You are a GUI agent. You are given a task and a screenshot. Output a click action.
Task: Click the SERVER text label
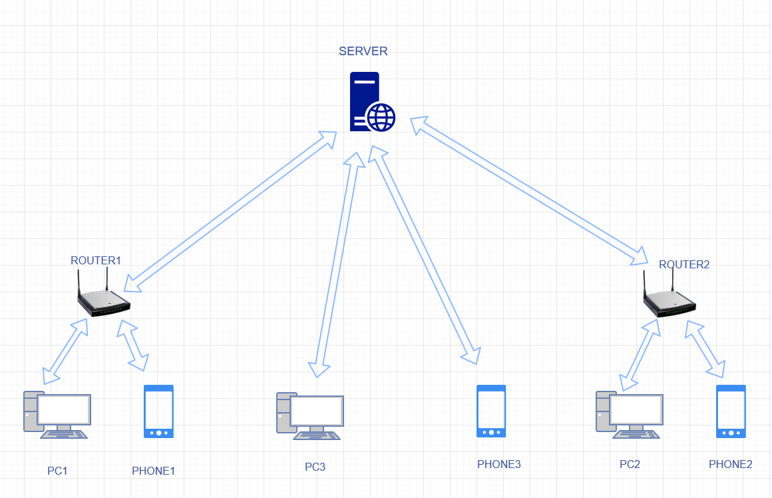(x=363, y=51)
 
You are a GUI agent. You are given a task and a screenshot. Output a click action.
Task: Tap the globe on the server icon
(x=381, y=117)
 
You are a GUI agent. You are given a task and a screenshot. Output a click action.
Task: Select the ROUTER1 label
(x=96, y=260)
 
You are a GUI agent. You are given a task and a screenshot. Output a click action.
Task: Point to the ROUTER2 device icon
(x=670, y=294)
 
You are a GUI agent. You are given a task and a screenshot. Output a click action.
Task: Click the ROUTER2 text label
(x=684, y=264)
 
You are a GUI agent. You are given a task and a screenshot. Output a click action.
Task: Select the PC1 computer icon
(x=57, y=415)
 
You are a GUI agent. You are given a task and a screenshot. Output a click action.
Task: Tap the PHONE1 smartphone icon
(x=158, y=411)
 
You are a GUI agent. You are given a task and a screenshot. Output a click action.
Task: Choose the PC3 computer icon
(x=310, y=416)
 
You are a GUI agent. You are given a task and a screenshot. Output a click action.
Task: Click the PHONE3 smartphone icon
(x=491, y=411)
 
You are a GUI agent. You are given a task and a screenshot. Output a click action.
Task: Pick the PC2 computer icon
(x=630, y=415)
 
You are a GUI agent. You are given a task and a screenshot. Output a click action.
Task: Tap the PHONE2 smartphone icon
(x=731, y=411)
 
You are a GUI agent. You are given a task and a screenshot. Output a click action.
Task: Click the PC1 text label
(x=57, y=471)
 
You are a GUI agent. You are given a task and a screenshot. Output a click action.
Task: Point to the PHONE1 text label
(x=153, y=471)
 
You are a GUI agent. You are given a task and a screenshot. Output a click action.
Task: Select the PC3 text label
(x=315, y=467)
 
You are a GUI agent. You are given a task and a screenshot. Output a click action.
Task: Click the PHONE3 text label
(x=498, y=464)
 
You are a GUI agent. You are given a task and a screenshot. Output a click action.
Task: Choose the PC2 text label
(x=630, y=464)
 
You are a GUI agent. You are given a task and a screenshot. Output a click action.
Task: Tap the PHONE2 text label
(x=731, y=464)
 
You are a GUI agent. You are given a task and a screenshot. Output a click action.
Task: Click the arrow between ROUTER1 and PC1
(x=65, y=352)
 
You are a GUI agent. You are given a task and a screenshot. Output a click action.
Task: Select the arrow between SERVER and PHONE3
(x=424, y=255)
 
